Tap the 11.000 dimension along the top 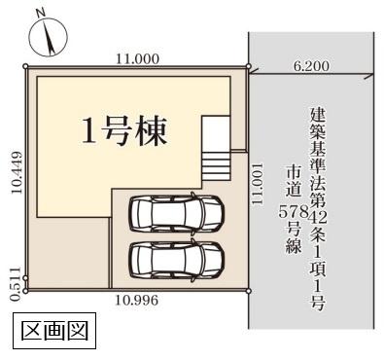[137, 58]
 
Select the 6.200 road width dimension [311, 66]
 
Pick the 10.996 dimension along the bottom [137, 300]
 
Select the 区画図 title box [55, 331]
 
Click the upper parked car [176, 212]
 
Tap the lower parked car [176, 259]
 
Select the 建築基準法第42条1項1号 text [317, 208]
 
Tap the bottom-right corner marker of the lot [249, 289]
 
